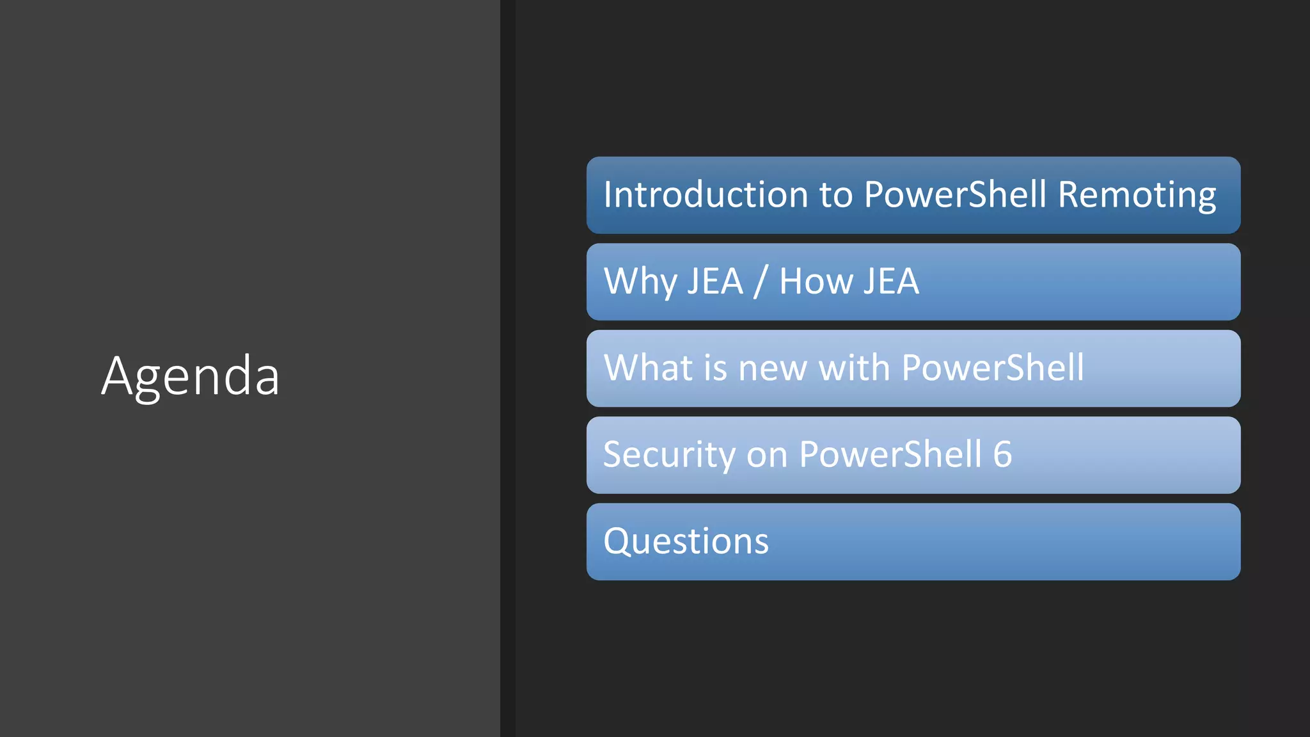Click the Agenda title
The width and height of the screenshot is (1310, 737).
190,376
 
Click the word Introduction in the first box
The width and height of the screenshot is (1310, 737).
706,194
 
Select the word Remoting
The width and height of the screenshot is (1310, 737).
1137,194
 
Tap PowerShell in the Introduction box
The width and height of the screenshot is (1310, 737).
955,194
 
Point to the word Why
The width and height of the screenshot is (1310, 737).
640,281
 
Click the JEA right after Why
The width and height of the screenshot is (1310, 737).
715,281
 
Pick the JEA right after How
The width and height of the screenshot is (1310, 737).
890,281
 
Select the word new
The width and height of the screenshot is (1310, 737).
772,369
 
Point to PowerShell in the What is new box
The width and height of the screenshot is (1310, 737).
993,368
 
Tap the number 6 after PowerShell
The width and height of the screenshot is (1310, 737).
1002,455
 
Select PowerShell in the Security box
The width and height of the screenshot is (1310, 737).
890,455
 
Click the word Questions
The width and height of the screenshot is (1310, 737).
686,541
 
